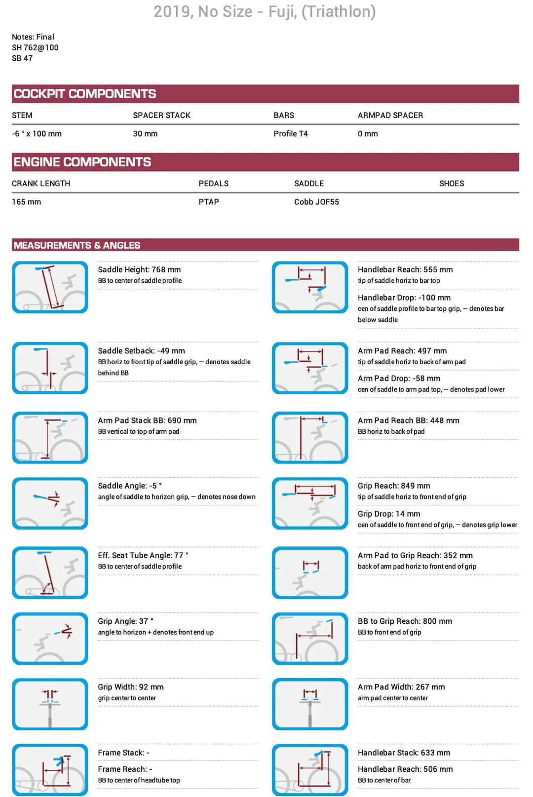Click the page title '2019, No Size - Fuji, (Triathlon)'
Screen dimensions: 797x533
[x=265, y=11]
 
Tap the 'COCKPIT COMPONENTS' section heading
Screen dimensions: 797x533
[x=85, y=94]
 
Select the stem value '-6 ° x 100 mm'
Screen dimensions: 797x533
[x=37, y=134]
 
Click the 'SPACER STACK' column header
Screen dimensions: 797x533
[x=161, y=115]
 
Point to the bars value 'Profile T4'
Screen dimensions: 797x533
[x=291, y=134]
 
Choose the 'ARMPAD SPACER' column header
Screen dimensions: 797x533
[x=390, y=115]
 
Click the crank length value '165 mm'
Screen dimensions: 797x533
[x=27, y=202]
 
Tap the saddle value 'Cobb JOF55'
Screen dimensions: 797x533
[x=316, y=202]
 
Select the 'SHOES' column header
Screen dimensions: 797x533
[x=452, y=184]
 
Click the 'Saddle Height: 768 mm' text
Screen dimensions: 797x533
[x=139, y=269]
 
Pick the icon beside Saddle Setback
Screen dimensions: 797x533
[x=50, y=368]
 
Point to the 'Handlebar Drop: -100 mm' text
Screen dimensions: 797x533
[x=404, y=298]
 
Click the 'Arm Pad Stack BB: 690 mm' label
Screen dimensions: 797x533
[x=147, y=420]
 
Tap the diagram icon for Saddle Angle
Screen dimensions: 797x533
[x=50, y=503]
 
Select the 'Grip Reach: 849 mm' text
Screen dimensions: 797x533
[x=394, y=486]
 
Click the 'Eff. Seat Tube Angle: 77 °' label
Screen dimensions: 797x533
[x=143, y=555]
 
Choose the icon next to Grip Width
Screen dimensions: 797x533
[x=50, y=704]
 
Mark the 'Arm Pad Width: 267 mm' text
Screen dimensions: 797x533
[x=401, y=687]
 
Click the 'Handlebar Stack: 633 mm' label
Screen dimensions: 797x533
[x=404, y=753]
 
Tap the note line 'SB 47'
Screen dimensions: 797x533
[x=22, y=58]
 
